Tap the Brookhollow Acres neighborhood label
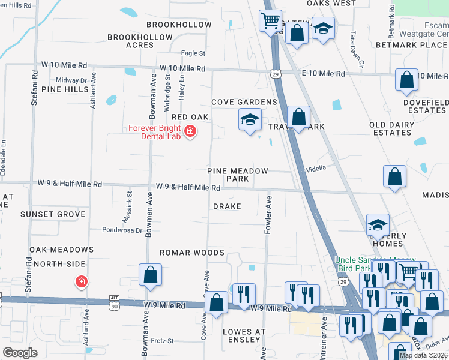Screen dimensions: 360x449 click(x=139, y=41)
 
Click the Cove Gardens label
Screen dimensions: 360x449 click(x=244, y=103)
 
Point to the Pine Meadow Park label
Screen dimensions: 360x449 click(x=237, y=175)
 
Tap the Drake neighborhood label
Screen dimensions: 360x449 click(x=227, y=206)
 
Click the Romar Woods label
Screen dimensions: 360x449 click(x=191, y=253)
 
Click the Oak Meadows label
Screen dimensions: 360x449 click(x=62, y=250)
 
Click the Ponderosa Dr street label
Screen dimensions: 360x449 click(x=122, y=229)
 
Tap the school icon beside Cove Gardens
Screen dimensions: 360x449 click(x=250, y=119)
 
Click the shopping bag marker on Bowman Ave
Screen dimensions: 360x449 click(x=150, y=275)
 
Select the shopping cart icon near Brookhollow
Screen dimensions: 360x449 click(x=271, y=20)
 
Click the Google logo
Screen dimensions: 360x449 click(x=20, y=353)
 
